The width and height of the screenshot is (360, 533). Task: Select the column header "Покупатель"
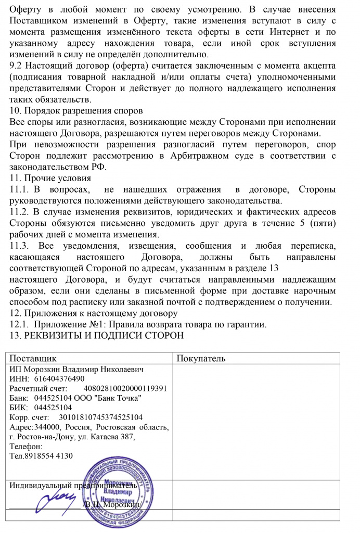coord(201,359)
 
